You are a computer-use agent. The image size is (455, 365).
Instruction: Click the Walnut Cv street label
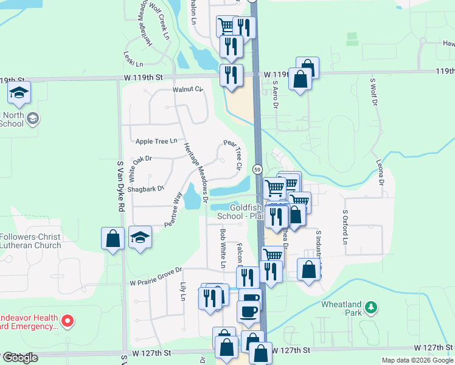coord(187,89)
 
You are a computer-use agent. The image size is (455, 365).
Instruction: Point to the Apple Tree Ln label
coord(156,141)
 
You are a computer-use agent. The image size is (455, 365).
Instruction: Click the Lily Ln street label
coord(182,291)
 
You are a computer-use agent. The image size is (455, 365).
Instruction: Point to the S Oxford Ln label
coord(344,226)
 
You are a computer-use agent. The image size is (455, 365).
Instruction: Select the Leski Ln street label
coord(133,59)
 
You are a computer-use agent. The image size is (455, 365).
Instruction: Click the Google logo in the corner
coord(19,358)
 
